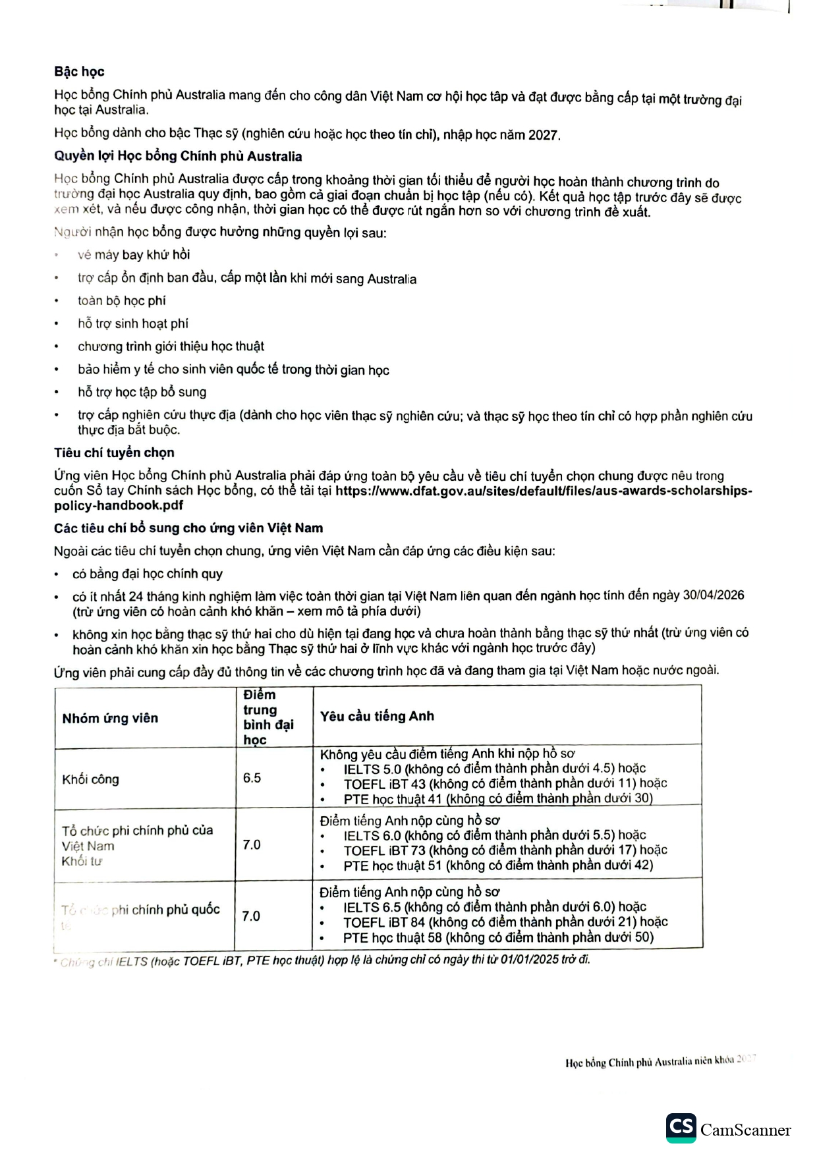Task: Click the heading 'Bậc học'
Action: (79, 72)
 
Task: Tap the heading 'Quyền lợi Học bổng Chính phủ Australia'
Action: (178, 157)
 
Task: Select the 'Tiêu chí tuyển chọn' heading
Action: (114, 453)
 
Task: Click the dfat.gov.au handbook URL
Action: (544, 491)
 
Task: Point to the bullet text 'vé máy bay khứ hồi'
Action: (134, 255)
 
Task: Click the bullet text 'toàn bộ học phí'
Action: (121, 301)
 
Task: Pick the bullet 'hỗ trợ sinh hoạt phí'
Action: (132, 323)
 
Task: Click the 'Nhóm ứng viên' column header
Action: (110, 718)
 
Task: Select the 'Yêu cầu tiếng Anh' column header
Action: (377, 717)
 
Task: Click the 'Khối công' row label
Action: (90, 779)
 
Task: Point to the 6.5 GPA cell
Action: (252, 778)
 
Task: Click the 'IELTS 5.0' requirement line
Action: (494, 769)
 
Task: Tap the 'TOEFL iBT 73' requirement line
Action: (505, 850)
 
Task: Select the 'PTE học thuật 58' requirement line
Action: (498, 937)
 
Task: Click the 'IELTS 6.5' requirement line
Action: (494, 907)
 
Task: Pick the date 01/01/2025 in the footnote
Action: (528, 960)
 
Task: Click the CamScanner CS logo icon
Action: (681, 1128)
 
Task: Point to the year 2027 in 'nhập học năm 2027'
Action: (544, 136)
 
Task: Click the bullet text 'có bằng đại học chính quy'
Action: (148, 574)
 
